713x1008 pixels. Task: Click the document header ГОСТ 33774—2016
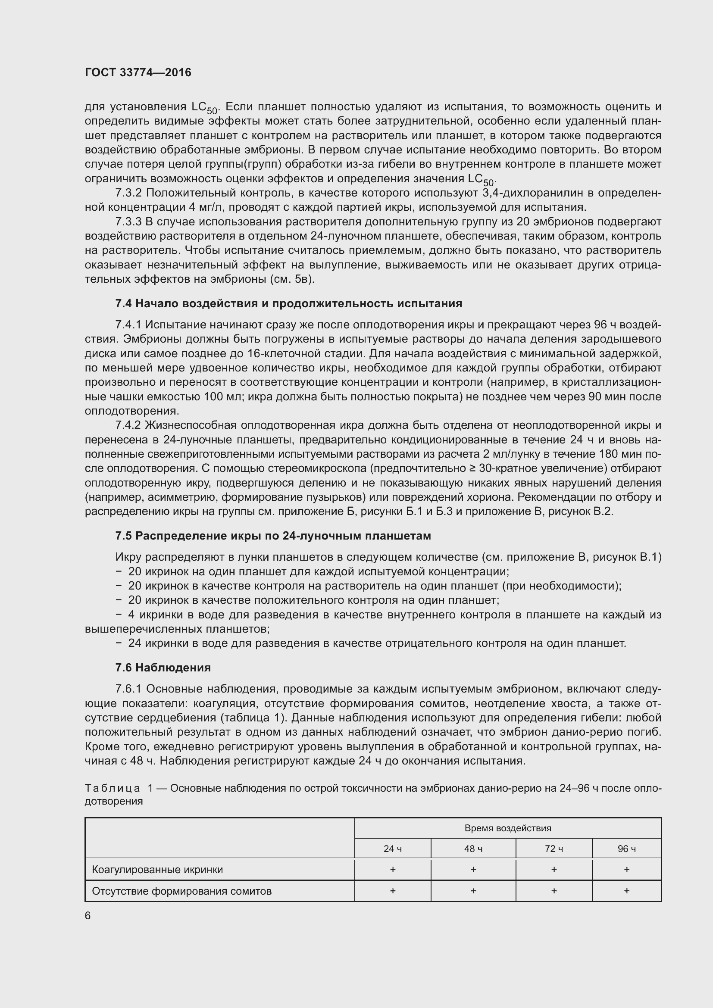tap(138, 72)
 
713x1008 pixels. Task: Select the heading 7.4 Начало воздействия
tap(288, 303)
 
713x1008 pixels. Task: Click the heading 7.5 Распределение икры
tap(273, 536)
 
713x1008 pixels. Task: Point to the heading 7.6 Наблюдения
tap(163, 668)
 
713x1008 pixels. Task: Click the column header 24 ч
tap(393, 849)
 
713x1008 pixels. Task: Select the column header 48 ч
tap(473, 849)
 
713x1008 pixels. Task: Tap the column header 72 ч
tap(554, 849)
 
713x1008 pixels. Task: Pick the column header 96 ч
tap(626, 849)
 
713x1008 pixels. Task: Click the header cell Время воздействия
tap(507, 828)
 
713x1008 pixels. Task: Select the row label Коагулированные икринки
tap(157, 870)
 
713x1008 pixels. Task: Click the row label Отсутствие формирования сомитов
tap(182, 891)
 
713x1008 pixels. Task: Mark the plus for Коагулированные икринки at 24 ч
tap(393, 869)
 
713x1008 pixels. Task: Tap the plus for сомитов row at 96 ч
tap(626, 891)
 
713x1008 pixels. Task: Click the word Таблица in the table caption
tap(113, 789)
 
